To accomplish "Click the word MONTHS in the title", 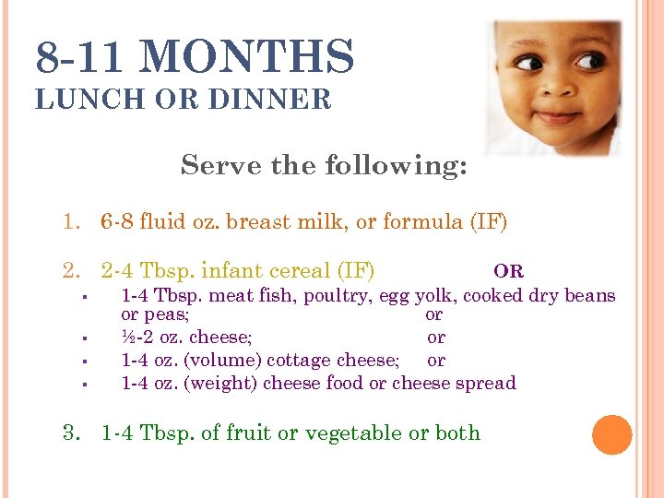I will pyautogui.click(x=248, y=57).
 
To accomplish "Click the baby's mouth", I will pyautogui.click(x=556, y=116).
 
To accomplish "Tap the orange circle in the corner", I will pyautogui.click(x=612, y=435).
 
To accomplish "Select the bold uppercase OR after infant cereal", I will pyautogui.click(x=508, y=271).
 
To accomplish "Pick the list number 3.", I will pyautogui.click(x=72, y=433).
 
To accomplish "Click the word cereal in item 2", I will pyautogui.click(x=304, y=271).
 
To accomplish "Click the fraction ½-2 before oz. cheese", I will pyautogui.click(x=141, y=338).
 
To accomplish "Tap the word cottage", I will pyautogui.click(x=287, y=360).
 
